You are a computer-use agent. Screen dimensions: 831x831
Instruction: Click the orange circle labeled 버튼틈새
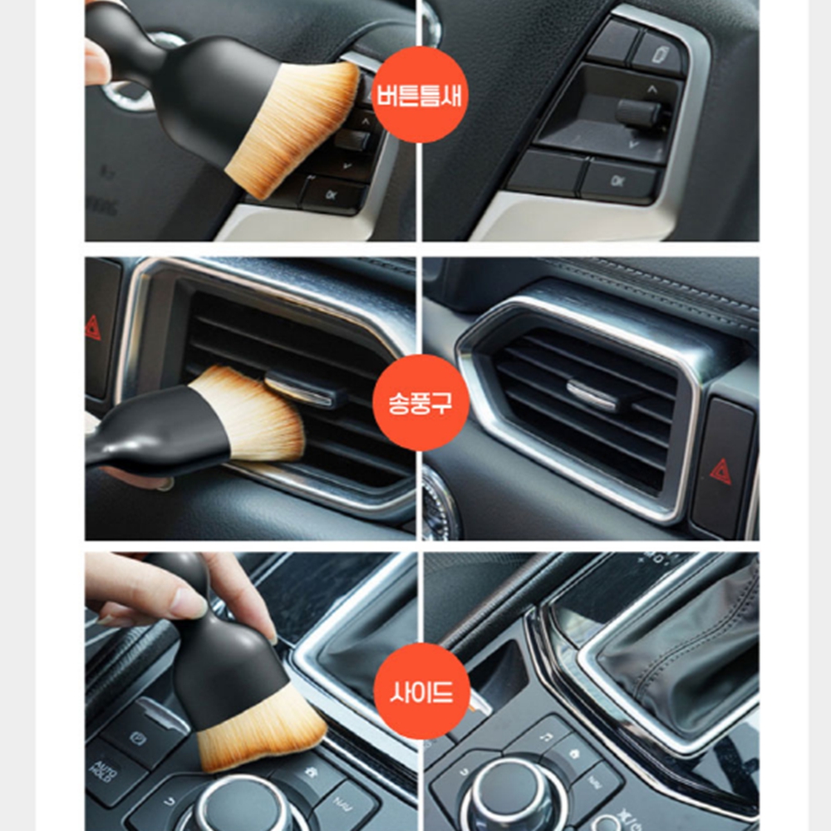420,95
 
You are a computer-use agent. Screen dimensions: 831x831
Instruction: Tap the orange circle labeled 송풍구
420,402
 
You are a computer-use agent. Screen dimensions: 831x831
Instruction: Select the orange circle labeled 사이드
422,691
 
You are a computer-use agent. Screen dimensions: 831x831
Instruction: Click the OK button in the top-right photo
618,181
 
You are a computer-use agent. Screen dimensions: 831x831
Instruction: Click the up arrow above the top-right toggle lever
652,90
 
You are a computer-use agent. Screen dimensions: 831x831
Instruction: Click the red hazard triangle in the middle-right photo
720,472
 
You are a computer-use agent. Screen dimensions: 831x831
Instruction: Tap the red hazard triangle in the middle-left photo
93,327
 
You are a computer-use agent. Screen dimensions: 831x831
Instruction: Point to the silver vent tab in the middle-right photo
592,393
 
